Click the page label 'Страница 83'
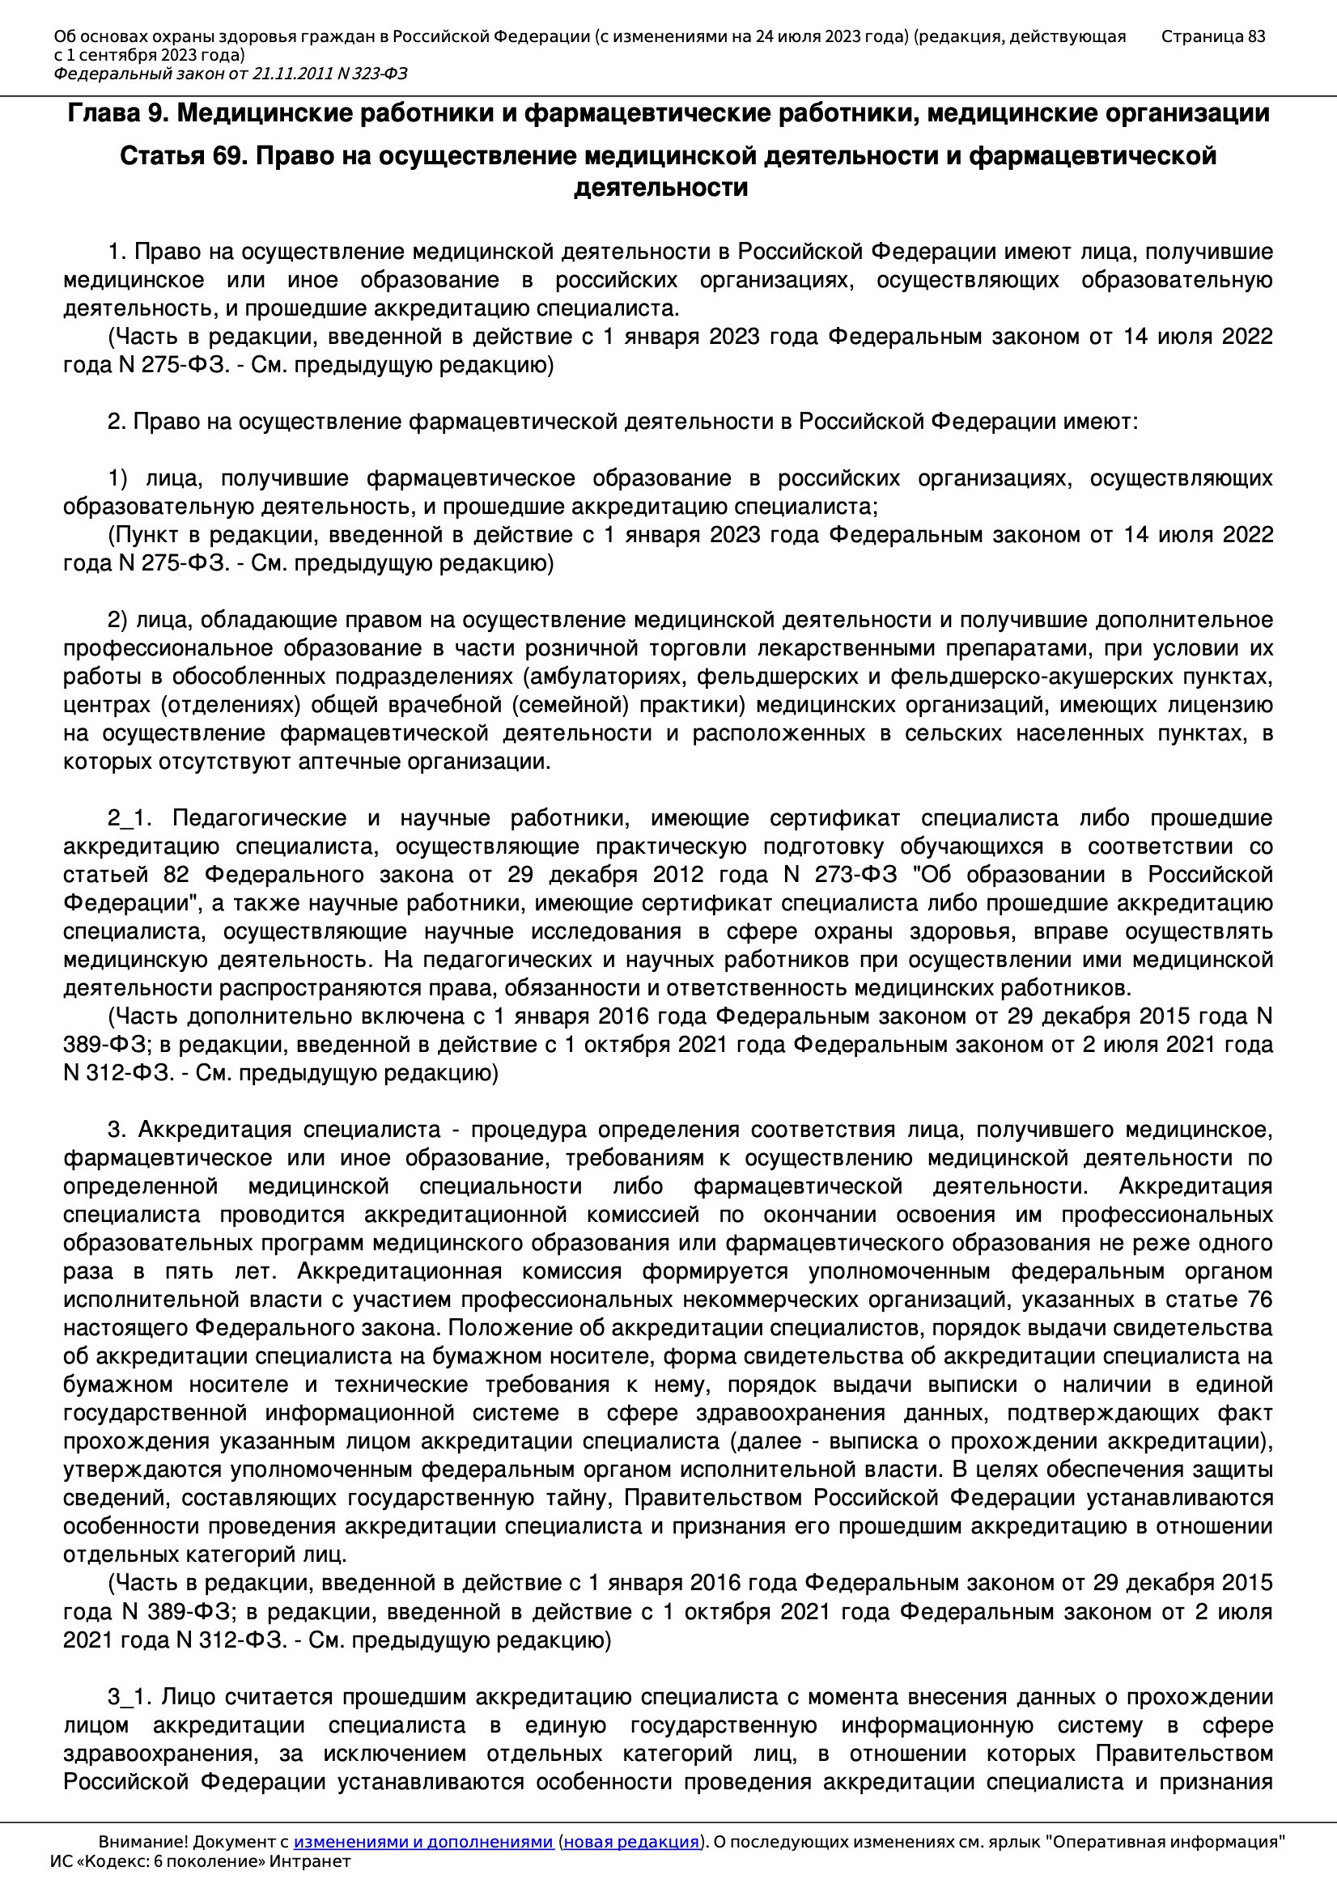(1212, 36)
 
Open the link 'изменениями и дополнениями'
(422, 1842)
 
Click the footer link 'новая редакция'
(630, 1842)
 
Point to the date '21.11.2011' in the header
(292, 74)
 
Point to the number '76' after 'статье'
(1258, 1300)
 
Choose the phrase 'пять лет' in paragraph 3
(214, 1271)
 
